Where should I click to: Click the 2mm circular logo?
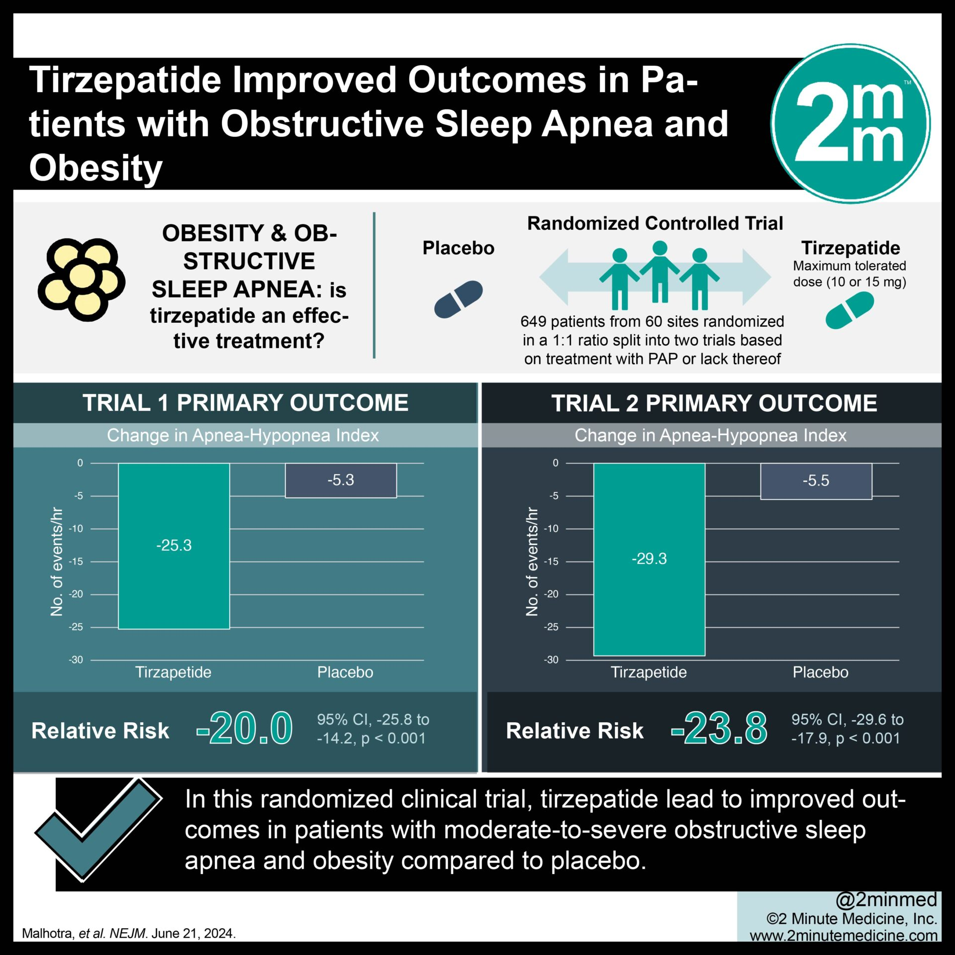point(850,123)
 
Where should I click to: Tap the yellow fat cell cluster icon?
point(81,279)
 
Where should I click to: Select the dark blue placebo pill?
point(458,299)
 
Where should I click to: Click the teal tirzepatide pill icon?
point(850,310)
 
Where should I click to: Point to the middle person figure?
point(660,271)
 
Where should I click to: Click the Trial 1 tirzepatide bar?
point(174,546)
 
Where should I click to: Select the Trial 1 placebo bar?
point(341,480)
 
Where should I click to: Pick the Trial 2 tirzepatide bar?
point(649,559)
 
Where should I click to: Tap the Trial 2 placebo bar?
point(816,481)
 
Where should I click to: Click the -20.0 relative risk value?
point(245,729)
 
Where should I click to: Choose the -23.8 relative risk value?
point(719,729)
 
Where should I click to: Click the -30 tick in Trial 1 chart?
point(76,660)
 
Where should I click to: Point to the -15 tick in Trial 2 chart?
point(551,562)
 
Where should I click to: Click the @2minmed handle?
point(886,899)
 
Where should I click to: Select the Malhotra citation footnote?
point(129,933)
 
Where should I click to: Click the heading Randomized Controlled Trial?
point(655,223)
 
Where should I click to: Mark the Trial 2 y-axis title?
point(532,562)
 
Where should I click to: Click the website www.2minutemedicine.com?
point(844,935)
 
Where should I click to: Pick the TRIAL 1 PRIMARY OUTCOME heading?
point(245,403)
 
